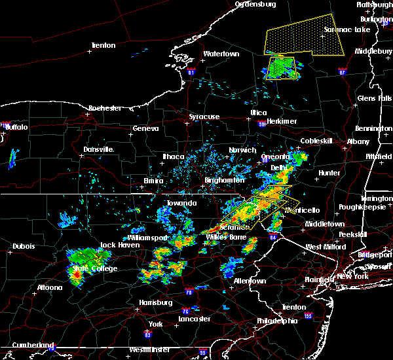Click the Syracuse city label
click(204, 117)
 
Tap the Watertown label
click(221, 53)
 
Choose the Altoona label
click(49, 287)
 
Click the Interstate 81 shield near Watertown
click(191, 71)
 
